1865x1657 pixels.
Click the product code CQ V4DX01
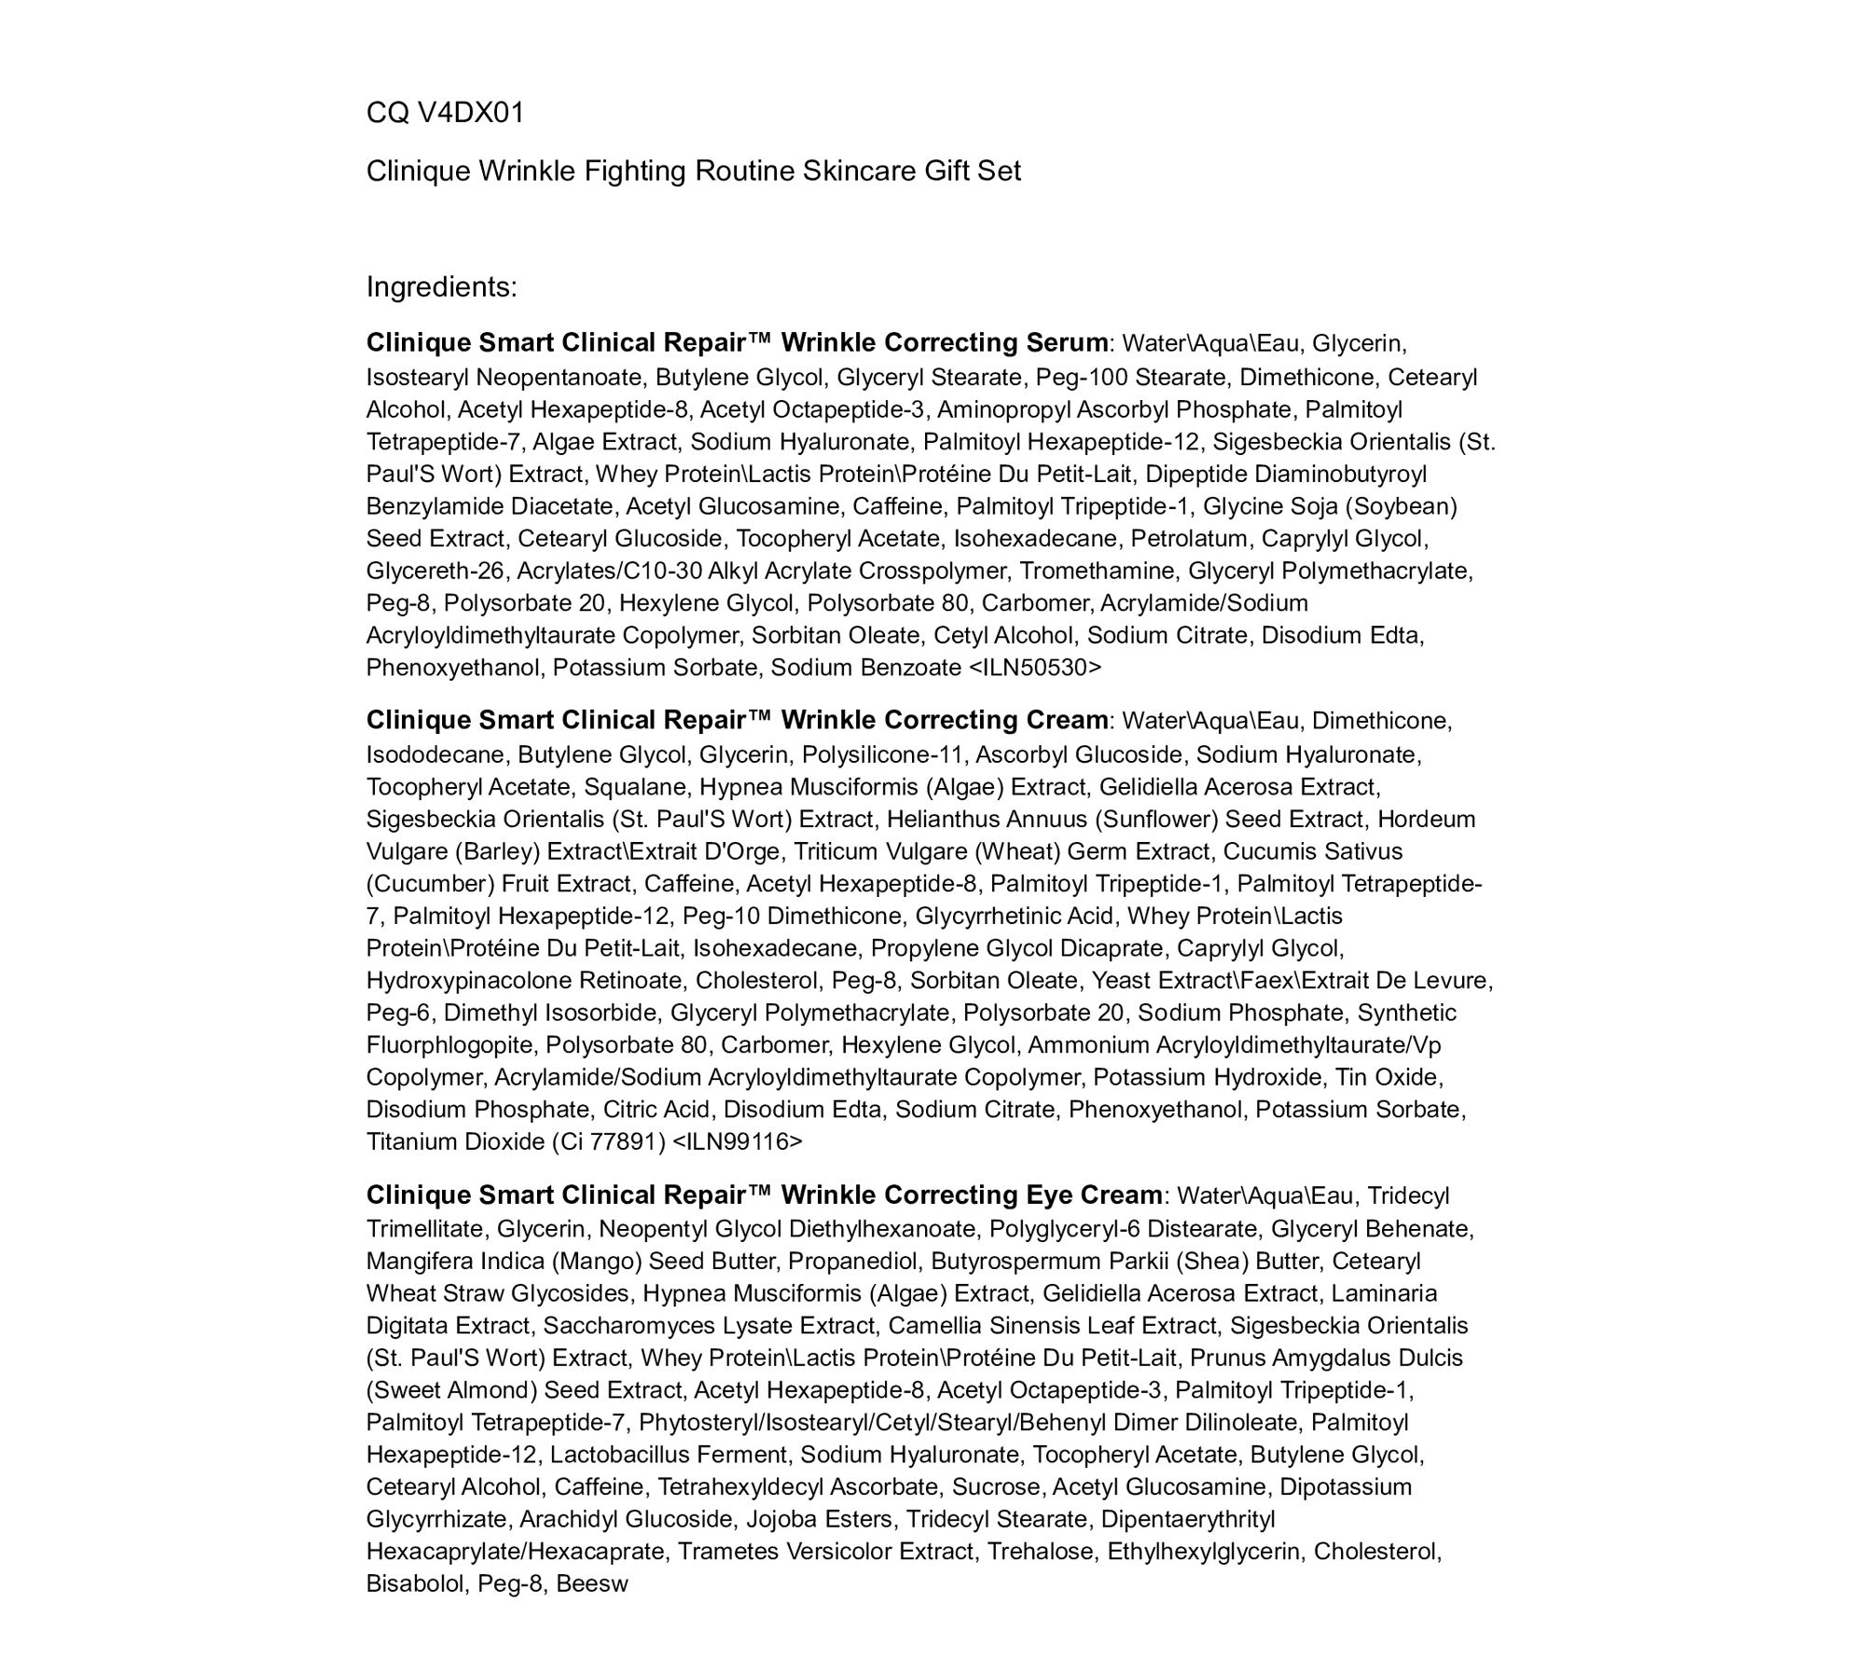pos(445,113)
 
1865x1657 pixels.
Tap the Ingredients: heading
pos(441,286)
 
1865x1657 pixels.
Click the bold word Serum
pos(1066,343)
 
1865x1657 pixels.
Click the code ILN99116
pos(736,1141)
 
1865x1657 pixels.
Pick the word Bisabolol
pos(415,1583)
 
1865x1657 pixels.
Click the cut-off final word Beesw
pos(592,1583)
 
